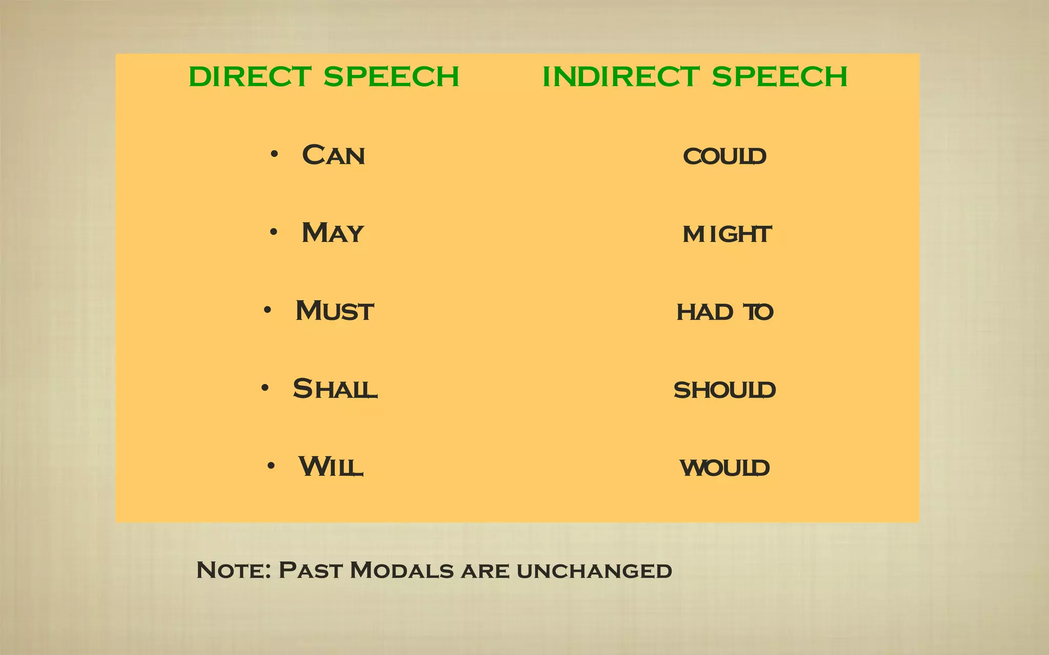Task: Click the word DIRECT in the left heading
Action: [x=250, y=77]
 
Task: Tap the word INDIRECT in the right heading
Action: [x=620, y=77]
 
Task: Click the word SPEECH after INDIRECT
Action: [x=779, y=77]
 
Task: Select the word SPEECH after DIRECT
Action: [x=391, y=77]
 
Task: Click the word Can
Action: [x=333, y=155]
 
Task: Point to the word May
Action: [x=332, y=233]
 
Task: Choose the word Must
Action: [x=334, y=311]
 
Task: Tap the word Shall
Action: [x=335, y=389]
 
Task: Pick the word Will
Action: [x=331, y=467]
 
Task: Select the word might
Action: [x=726, y=234]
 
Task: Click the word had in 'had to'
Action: [x=704, y=312]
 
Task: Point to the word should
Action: [x=724, y=390]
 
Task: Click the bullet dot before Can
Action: [x=275, y=154]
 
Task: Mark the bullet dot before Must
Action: [x=267, y=310]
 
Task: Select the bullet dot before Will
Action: [x=271, y=466]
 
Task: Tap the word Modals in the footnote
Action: [x=402, y=570]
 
